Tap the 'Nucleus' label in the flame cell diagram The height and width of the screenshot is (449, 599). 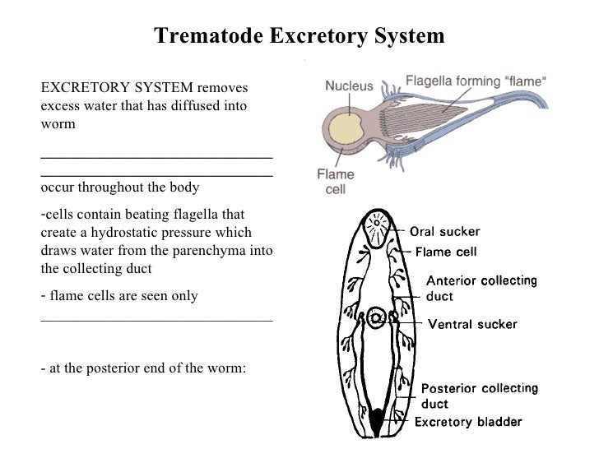(x=349, y=84)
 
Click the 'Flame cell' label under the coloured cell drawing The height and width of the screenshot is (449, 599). (x=336, y=182)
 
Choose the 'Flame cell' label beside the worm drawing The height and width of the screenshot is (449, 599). (x=446, y=251)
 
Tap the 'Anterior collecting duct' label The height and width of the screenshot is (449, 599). (x=481, y=287)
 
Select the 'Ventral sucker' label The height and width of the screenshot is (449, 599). (x=471, y=324)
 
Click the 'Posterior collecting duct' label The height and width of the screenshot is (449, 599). (x=480, y=395)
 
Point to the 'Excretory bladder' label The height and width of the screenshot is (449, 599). (x=467, y=423)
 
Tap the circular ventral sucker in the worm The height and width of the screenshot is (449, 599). (x=378, y=317)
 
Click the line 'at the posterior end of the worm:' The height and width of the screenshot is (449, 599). (x=143, y=368)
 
